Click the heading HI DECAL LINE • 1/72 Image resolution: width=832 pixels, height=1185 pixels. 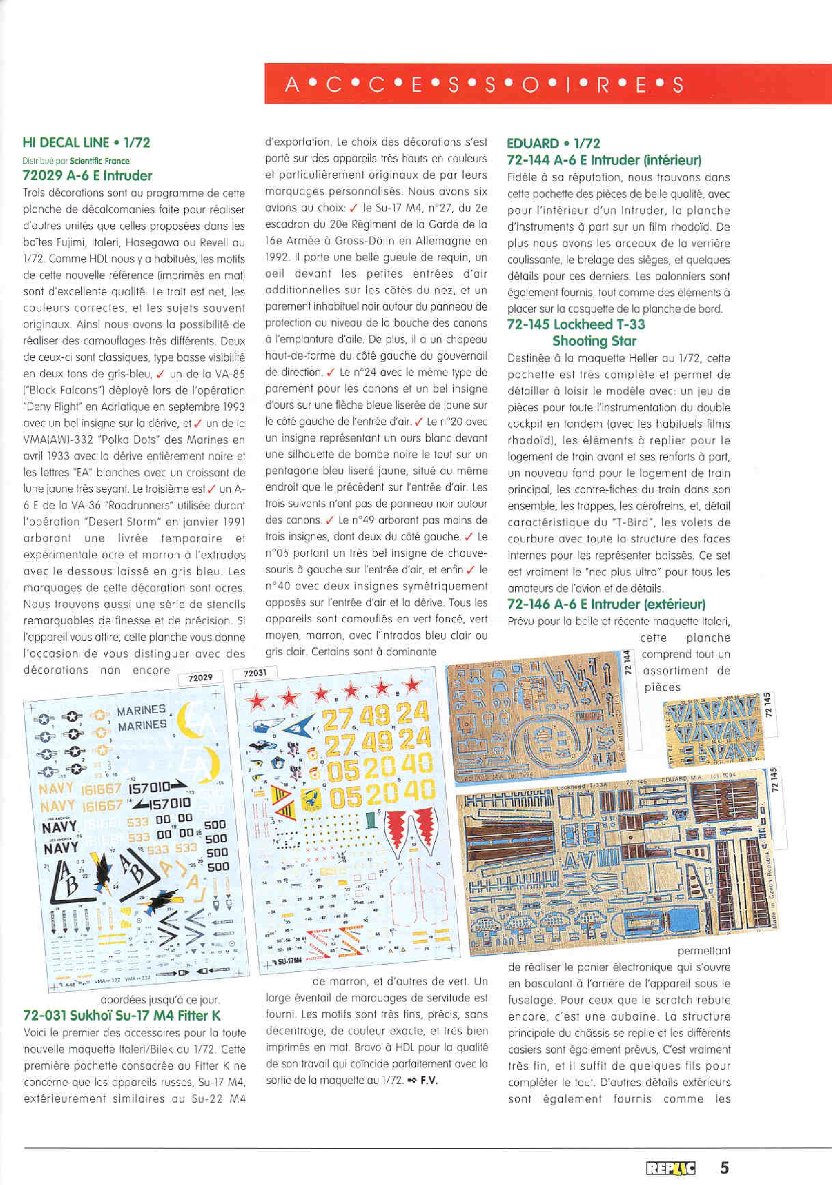(x=86, y=143)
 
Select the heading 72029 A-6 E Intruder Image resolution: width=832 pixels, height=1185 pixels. (x=87, y=176)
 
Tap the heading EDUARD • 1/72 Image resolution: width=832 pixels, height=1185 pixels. (x=553, y=143)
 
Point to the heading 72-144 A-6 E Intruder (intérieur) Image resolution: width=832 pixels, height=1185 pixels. (x=604, y=160)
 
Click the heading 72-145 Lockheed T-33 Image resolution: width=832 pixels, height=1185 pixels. (x=576, y=324)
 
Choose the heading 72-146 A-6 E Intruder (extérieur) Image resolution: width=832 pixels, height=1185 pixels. (x=606, y=604)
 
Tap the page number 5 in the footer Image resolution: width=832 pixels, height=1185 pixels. (x=724, y=1168)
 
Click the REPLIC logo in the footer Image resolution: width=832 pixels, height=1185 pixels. (x=670, y=1168)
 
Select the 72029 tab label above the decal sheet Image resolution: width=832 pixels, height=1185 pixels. (x=200, y=678)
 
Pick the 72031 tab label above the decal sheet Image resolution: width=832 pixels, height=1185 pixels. (x=255, y=673)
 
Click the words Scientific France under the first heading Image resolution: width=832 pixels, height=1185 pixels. (x=100, y=160)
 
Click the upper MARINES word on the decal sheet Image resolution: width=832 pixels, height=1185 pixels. (x=141, y=711)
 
